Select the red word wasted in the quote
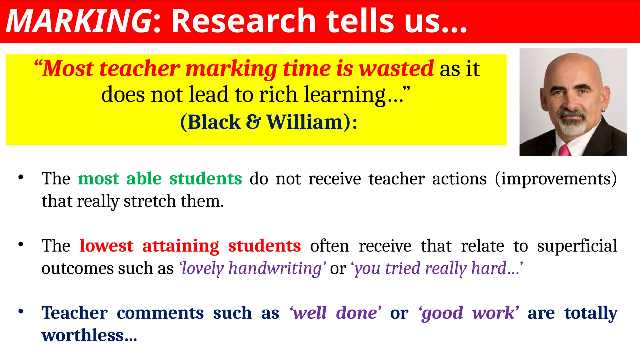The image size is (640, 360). tap(396, 68)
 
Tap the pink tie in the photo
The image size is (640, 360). tap(564, 150)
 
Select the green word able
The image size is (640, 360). tap(144, 179)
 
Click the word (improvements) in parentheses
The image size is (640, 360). tap(556, 179)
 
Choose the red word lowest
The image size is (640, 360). tap(106, 246)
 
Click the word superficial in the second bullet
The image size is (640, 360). tap(577, 246)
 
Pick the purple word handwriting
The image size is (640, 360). tap(275, 268)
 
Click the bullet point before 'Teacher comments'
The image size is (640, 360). tap(21, 312)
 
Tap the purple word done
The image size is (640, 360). tap(357, 313)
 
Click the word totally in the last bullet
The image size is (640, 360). tap(591, 313)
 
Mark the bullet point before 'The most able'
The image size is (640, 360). tap(21, 177)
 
